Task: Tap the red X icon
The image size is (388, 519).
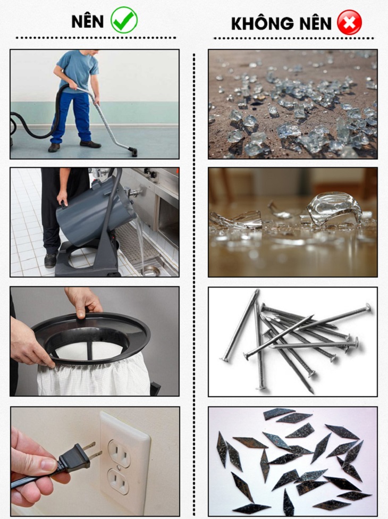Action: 349,22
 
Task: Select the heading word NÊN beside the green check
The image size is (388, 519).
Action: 88,21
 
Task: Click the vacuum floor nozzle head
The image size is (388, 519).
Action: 133,152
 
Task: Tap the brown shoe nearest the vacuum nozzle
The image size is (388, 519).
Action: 90,144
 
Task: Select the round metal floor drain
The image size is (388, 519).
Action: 150,271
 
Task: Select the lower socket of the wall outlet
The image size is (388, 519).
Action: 119,482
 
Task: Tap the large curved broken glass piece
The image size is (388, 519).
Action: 334,209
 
